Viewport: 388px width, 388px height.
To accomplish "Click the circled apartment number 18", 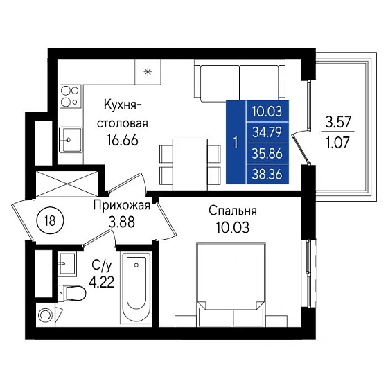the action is point(50,221).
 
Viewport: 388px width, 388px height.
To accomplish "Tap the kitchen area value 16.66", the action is point(123,141).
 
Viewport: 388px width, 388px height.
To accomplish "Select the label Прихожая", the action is point(122,205).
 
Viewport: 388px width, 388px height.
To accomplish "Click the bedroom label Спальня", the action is point(233,211).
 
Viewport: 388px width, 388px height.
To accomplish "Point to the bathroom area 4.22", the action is point(102,281).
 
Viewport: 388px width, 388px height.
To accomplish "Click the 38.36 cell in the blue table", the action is point(267,175).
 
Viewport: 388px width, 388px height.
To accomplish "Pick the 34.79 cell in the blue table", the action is point(267,132).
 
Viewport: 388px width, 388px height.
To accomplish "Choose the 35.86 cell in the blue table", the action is point(267,153).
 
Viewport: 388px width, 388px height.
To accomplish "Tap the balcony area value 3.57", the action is point(338,122).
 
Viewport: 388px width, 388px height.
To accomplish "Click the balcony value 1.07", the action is point(338,143).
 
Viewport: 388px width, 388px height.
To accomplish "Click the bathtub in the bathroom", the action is point(136,287).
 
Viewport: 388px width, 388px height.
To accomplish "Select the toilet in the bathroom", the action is point(72,293).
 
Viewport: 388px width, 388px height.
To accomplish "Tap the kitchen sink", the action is point(71,140).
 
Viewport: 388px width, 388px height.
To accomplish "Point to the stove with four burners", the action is point(71,97).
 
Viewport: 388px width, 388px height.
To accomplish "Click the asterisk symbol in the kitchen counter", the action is point(148,72).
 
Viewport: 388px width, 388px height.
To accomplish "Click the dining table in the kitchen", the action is point(190,165).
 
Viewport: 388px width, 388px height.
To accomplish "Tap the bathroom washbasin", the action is point(67,263).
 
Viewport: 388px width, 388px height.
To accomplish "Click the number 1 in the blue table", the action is point(236,143).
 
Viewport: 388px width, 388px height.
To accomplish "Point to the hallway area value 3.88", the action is point(122,222).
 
